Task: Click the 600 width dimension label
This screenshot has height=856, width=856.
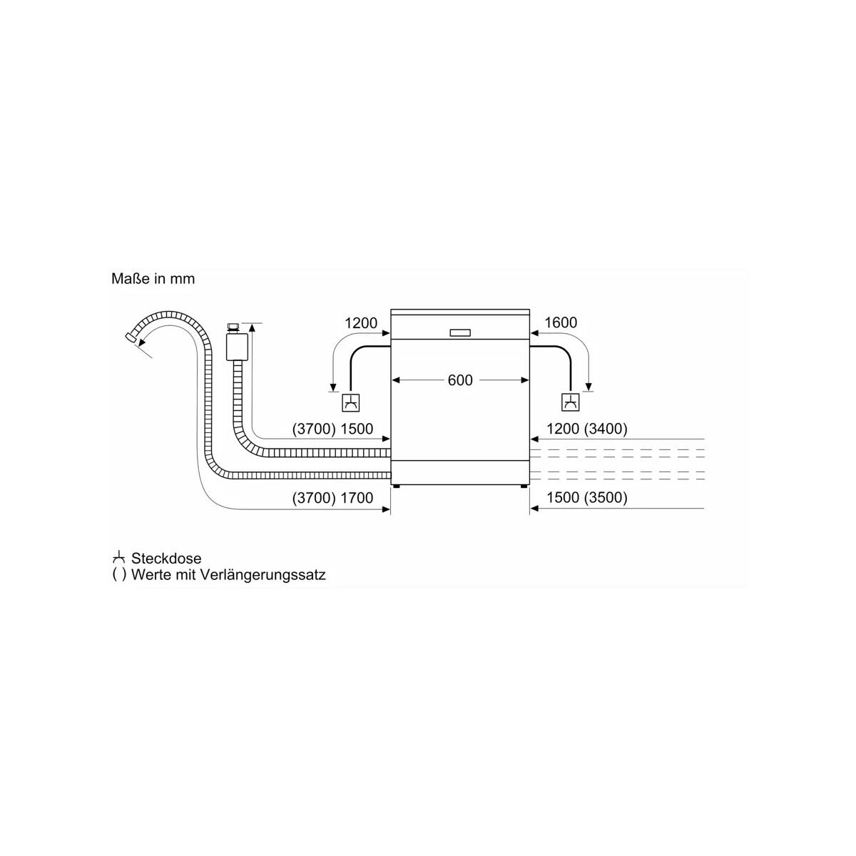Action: [460, 380]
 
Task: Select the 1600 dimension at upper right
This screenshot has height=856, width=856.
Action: [561, 322]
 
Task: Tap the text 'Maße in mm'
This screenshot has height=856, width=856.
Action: [153, 278]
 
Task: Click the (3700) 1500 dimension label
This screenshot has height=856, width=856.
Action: [332, 429]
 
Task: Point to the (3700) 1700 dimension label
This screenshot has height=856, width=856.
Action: [332, 497]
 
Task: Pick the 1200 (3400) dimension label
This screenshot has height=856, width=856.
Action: [587, 429]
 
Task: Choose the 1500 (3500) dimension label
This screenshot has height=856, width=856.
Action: [587, 497]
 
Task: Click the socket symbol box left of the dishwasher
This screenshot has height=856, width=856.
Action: [350, 402]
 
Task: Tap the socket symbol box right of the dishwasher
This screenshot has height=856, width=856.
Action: [571, 402]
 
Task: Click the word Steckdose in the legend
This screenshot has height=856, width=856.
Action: [166, 559]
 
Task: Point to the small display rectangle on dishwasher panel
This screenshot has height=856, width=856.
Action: [460, 332]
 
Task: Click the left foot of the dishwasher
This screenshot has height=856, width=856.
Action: [396, 486]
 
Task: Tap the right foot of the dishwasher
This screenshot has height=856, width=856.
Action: [524, 486]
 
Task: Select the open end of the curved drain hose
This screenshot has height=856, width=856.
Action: [131, 336]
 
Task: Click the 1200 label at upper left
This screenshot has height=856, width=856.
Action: [361, 322]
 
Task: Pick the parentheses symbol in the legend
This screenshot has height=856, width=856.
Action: [119, 575]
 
